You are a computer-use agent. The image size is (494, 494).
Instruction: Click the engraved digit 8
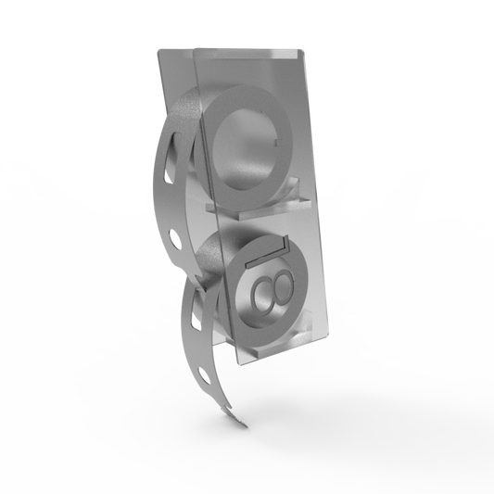(x=272, y=290)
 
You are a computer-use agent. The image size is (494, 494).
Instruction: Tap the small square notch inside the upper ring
(x=277, y=143)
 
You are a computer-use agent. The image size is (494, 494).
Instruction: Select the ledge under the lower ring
(x=277, y=348)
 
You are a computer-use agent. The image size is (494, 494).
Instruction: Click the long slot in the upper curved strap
(x=169, y=158)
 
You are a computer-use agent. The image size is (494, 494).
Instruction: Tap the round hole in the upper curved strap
(x=175, y=239)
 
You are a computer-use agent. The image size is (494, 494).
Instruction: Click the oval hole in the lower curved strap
(x=205, y=376)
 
